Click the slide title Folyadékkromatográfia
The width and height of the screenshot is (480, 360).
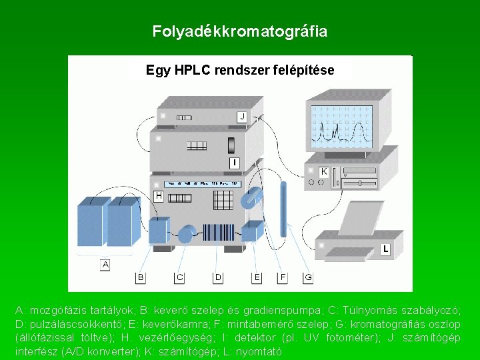coord(240,31)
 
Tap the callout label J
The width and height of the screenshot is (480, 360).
coord(242,117)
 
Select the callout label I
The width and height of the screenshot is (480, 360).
coord(234,163)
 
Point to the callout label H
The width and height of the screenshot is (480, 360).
coord(159,196)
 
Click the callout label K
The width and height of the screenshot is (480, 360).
coord(323,171)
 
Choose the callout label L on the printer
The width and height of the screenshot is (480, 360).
coord(385,249)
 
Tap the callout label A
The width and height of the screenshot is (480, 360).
coord(105,265)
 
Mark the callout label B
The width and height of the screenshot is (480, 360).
coord(141,277)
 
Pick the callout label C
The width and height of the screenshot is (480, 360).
coord(179,277)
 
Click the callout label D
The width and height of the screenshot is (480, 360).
coord(217,277)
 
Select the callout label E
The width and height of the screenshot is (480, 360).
coord(257,277)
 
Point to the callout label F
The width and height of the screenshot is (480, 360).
coord(283,277)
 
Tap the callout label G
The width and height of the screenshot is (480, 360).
coord(308,277)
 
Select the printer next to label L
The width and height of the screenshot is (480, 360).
coord(357,237)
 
